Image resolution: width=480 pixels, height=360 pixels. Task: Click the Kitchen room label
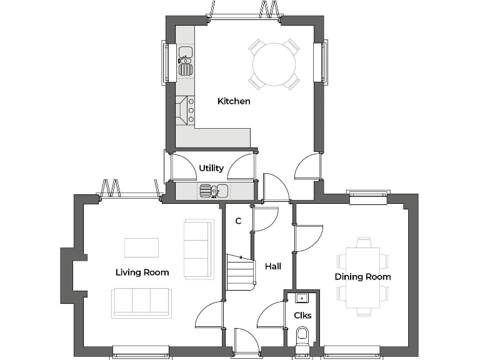coord(234,101)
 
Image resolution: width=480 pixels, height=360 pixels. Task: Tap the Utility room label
coord(211,168)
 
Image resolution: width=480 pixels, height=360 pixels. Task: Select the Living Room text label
coord(142,272)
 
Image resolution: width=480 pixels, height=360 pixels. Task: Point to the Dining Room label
coord(362,277)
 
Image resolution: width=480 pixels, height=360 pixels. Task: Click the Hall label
coord(273,266)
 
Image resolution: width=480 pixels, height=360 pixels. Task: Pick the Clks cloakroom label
coord(302,315)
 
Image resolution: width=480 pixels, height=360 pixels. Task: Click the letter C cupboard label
coord(238,221)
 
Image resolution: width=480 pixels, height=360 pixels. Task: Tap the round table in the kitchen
coord(274,64)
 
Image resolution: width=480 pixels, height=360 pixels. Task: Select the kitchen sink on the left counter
coord(186,61)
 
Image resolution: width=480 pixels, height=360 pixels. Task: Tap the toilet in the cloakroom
coord(302,336)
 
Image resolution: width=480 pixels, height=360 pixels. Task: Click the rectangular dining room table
coord(363,276)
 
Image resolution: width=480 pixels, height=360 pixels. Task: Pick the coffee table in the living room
coord(141,247)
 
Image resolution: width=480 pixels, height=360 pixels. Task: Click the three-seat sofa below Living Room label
coord(141,302)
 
